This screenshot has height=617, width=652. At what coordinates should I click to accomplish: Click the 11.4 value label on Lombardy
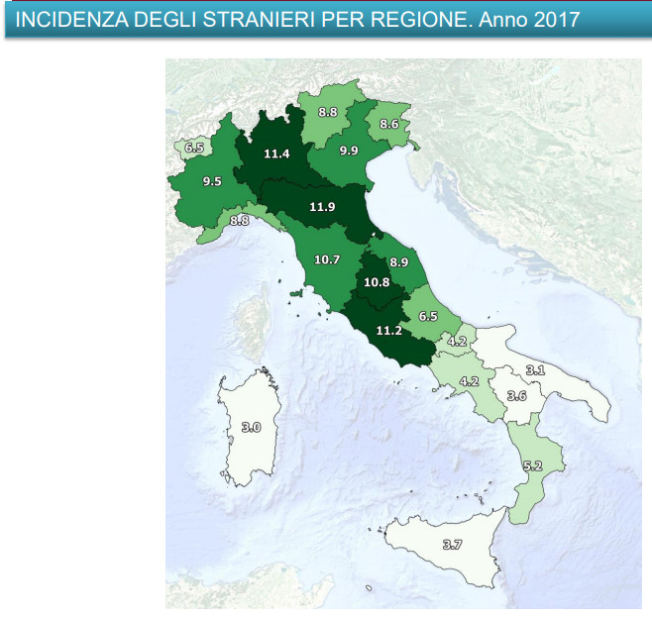pos(277,154)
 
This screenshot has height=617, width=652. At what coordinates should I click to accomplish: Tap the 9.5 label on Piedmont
pos(211,181)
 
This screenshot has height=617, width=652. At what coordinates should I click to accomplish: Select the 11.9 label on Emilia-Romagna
pos(322,207)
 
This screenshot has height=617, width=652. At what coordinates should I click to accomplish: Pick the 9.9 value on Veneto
pos(348,151)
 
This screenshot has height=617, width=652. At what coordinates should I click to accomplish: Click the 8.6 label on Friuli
pos(388,125)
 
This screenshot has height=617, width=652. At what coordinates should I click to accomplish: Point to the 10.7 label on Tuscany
pos(326,259)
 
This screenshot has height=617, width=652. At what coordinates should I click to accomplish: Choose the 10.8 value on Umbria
pos(377,282)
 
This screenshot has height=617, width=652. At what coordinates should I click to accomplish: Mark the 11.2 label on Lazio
pos(387,331)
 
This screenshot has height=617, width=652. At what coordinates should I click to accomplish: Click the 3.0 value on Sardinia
pos(251,427)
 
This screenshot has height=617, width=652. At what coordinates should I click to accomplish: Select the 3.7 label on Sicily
pos(452,544)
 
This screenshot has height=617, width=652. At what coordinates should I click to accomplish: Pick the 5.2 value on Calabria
pos(532,464)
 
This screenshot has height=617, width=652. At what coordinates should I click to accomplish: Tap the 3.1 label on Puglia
pos(535,370)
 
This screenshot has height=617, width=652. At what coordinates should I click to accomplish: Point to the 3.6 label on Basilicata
pos(516,395)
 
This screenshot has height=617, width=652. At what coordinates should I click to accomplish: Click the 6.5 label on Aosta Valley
pos(194,149)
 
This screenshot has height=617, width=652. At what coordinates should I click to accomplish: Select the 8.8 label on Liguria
pos(239,221)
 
